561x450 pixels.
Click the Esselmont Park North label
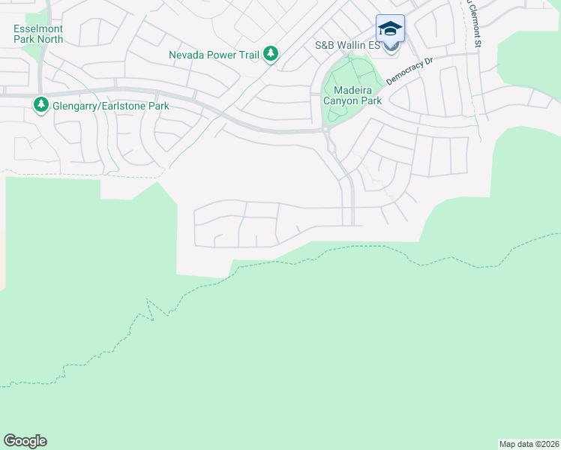pyautogui.click(x=38, y=33)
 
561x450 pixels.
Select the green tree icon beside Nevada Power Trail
pyautogui.click(x=271, y=54)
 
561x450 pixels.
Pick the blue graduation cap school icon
pyautogui.click(x=390, y=28)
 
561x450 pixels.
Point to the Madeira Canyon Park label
pyautogui.click(x=352, y=95)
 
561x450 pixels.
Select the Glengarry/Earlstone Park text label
pyautogui.click(x=110, y=106)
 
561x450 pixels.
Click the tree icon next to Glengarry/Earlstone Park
pyautogui.click(x=40, y=105)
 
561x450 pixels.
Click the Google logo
pyautogui.click(x=25, y=441)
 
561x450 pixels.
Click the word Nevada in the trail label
pyautogui.click(x=187, y=54)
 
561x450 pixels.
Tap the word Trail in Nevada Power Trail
pyautogui.click(x=247, y=54)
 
